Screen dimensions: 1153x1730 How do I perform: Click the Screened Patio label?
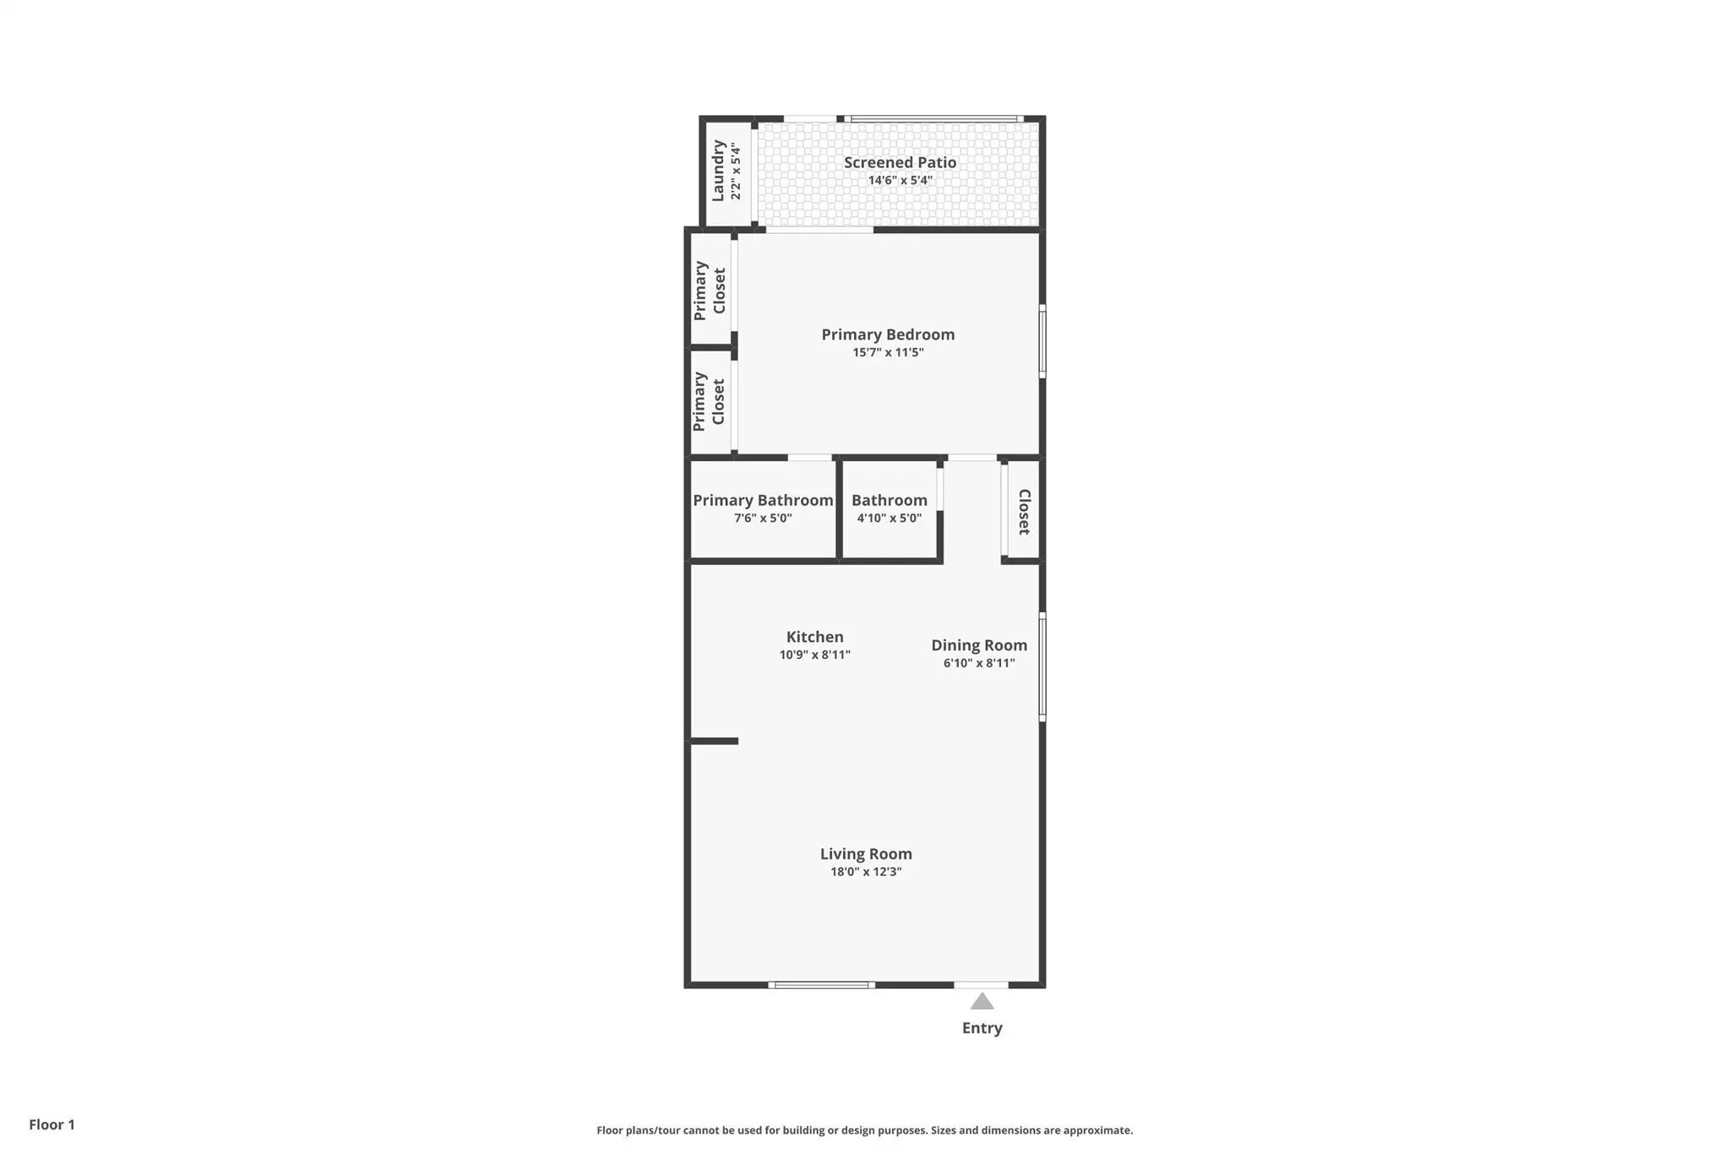900,162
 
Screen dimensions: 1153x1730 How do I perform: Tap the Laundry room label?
718,171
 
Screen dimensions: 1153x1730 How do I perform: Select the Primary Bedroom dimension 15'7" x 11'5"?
888,352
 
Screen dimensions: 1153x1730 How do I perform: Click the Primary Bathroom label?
763,500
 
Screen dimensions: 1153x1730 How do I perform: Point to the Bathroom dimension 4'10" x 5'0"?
889,518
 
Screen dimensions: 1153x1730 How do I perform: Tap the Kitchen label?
814,637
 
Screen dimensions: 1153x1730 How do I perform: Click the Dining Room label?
979,645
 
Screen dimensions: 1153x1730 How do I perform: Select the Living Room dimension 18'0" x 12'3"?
866,872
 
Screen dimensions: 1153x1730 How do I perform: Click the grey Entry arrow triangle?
982,1002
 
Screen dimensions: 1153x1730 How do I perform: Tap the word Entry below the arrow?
982,1028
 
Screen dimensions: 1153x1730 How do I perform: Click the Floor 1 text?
52,1124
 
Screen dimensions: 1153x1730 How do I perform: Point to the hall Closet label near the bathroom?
1024,512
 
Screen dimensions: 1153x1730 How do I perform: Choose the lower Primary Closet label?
709,401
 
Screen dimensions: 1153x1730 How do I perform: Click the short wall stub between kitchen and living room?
715,742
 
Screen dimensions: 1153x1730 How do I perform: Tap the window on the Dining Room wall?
1042,666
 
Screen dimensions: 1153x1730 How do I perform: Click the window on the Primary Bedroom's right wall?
1042,341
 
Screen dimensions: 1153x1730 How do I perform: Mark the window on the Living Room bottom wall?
821,985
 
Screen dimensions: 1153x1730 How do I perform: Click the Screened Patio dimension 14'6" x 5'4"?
900,181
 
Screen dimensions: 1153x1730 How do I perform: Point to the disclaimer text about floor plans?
864,1130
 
